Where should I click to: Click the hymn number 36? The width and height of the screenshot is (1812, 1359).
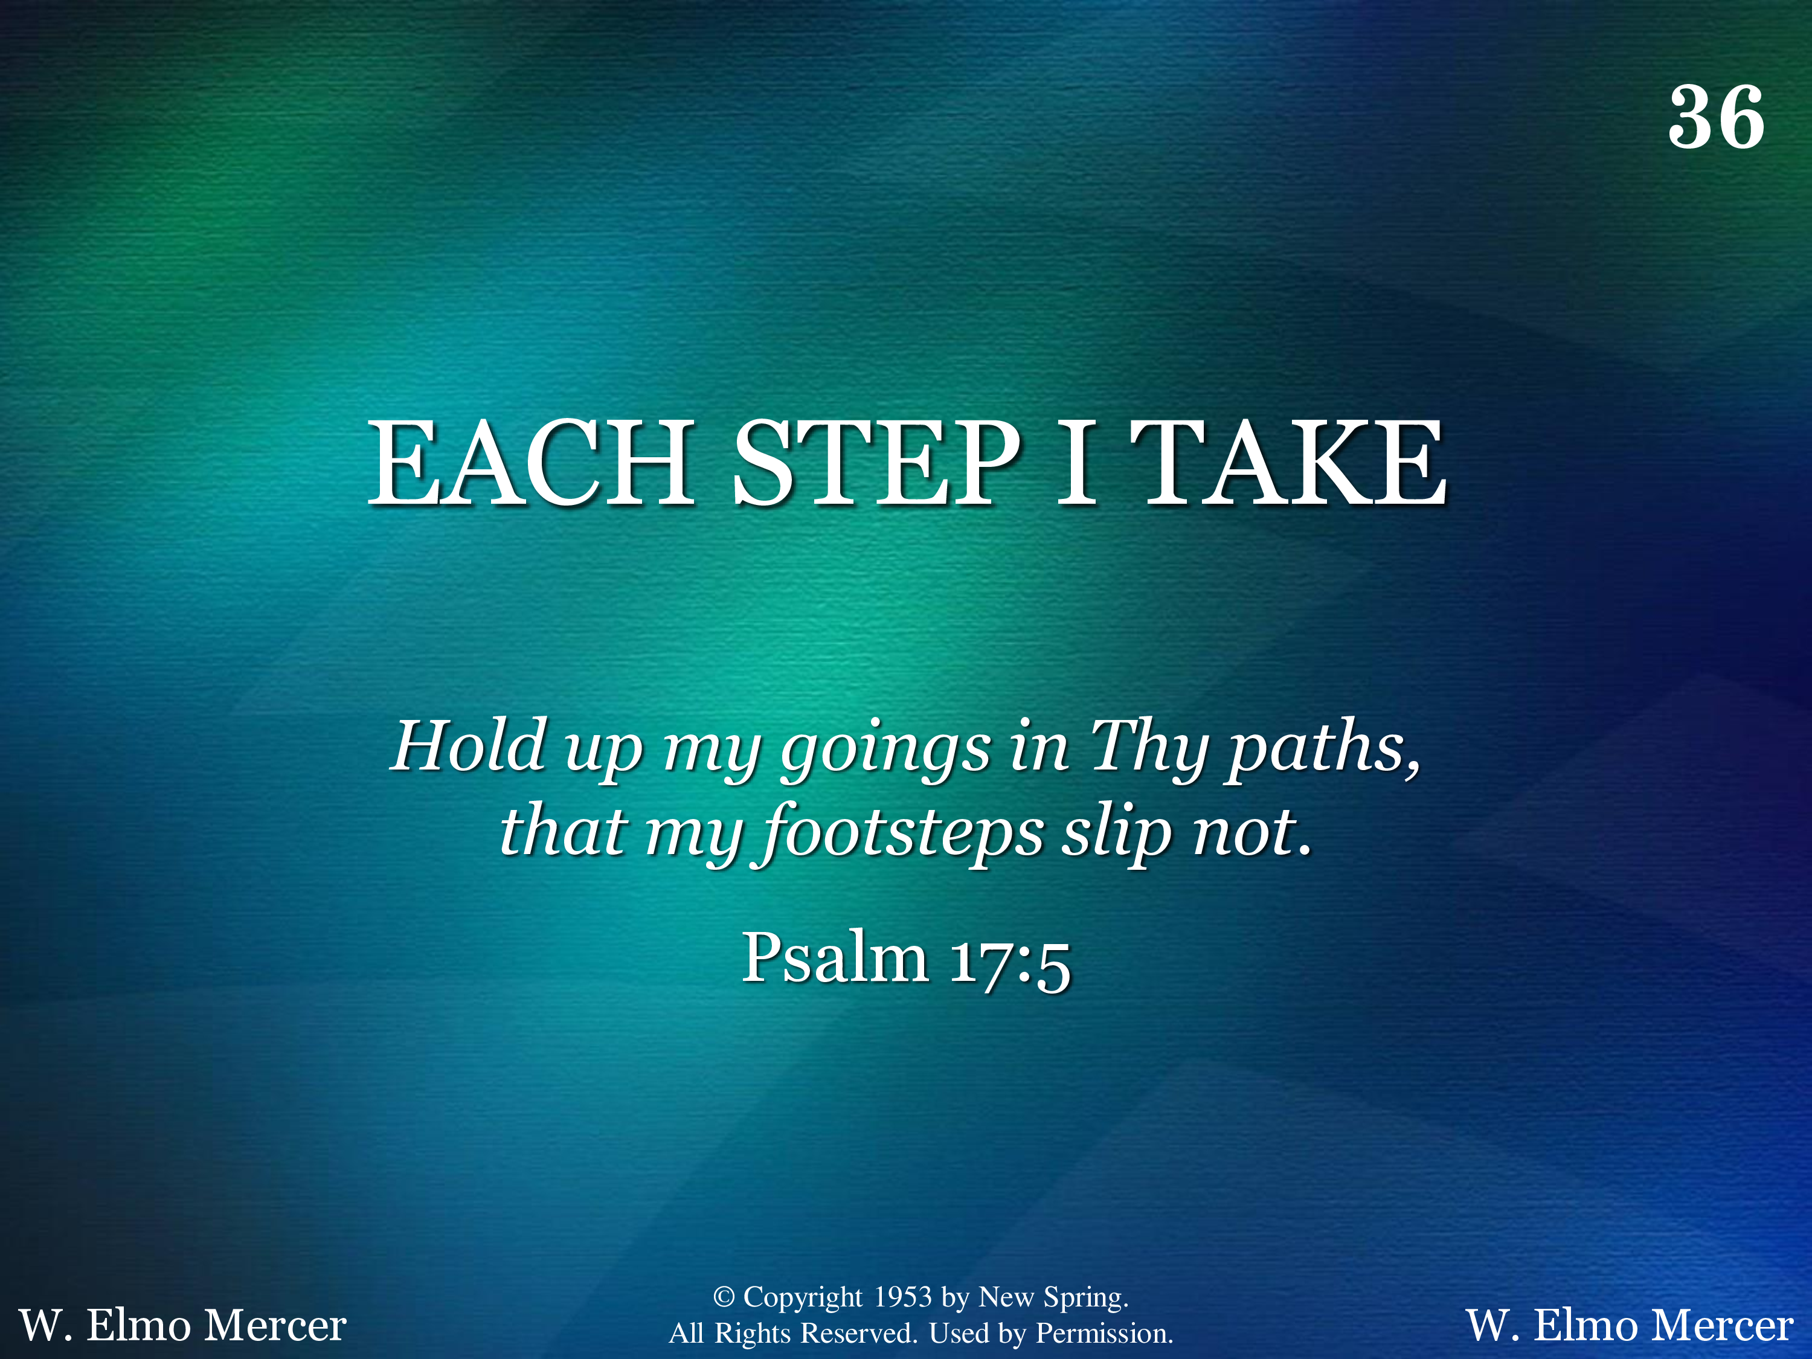[x=1716, y=118]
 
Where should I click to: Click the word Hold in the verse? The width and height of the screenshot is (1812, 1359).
[x=469, y=745]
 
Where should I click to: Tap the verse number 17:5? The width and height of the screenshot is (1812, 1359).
[x=1009, y=963]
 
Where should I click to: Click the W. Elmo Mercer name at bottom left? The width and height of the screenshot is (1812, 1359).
[x=182, y=1325]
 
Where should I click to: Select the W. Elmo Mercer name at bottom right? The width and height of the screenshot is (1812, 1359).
[x=1630, y=1325]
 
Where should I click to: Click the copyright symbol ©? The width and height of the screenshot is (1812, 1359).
[x=724, y=1297]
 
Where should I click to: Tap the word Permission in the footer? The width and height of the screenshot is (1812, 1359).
[x=1105, y=1334]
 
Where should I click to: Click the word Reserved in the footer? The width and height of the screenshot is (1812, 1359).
[x=858, y=1334]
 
